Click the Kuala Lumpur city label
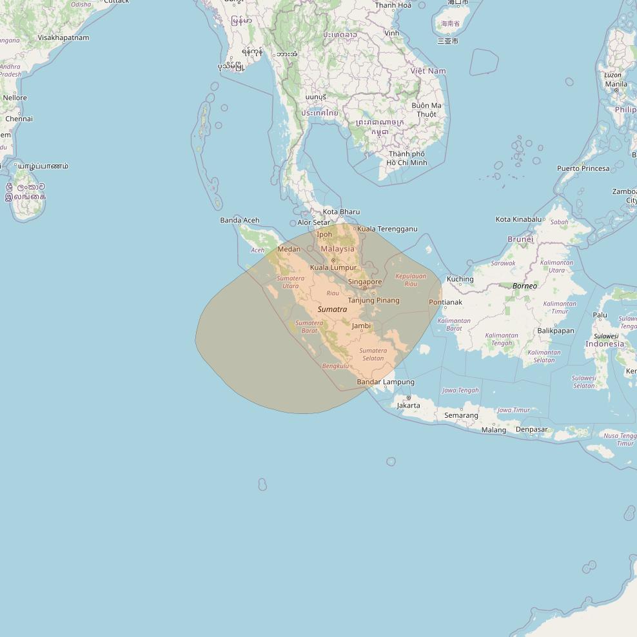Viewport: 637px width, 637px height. tap(333, 268)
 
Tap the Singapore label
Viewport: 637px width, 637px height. tap(365, 282)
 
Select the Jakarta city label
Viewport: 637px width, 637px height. tap(408, 406)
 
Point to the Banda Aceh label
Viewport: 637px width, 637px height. tap(240, 220)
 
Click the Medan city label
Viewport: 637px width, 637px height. tap(289, 250)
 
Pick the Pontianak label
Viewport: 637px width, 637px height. tap(446, 302)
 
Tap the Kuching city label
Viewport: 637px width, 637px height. tap(460, 279)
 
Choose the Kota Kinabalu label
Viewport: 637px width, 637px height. tap(518, 219)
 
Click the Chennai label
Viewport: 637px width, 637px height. tap(19, 119)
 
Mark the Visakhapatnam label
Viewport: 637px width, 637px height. tap(63, 37)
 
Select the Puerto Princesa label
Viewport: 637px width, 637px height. tap(583, 168)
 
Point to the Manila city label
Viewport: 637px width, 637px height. tap(616, 84)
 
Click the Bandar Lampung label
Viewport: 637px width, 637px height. tap(386, 382)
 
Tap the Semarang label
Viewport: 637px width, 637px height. tap(461, 415)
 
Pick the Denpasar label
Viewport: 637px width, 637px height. tap(532, 429)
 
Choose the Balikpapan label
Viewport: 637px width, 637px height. tap(555, 331)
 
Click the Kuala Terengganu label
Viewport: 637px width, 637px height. tap(387, 229)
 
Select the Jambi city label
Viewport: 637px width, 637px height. tap(361, 326)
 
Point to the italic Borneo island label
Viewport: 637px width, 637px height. tap(524, 286)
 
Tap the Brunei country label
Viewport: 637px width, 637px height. tap(520, 239)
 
